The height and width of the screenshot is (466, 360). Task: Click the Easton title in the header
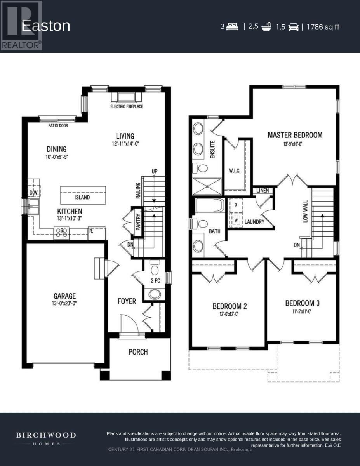46,26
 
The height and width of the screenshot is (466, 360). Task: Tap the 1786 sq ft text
323,27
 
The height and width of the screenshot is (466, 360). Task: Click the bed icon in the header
232,27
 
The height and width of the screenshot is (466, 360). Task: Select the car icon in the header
293,27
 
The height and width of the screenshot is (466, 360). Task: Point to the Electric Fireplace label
127,106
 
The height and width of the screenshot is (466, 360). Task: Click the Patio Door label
58,125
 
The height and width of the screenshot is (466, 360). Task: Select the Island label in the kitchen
82,197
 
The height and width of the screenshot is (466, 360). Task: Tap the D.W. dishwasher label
33,193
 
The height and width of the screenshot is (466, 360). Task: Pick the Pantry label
137,222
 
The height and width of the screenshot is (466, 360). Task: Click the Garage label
65,296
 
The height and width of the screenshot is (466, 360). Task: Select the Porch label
138,352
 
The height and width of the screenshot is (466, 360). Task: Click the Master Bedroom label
295,135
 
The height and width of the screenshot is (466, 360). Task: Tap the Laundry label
254,222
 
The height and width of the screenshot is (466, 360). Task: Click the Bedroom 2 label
230,306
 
